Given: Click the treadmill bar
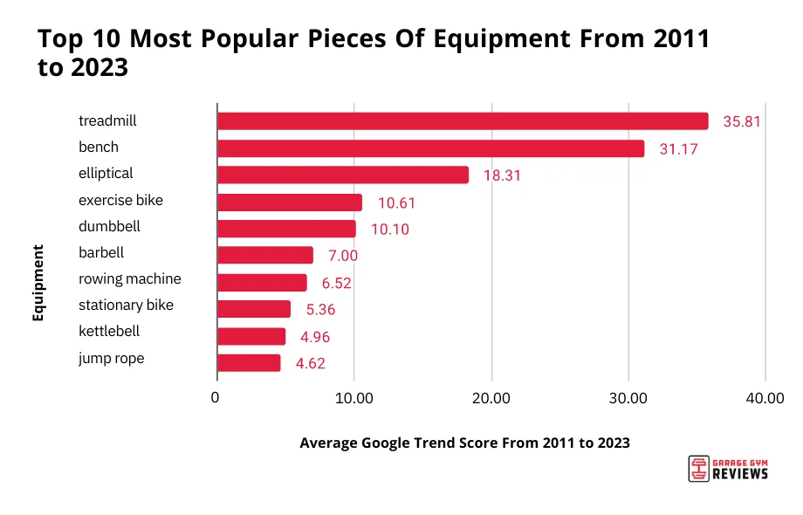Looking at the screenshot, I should coord(463,121).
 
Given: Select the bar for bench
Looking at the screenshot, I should coord(430,148).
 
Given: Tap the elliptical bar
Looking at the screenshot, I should coord(342,175).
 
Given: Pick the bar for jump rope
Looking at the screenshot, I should coord(249,363).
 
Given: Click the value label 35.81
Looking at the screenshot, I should coord(742,122).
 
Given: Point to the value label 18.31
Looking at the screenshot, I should coord(502,175).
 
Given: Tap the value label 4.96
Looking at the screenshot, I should coord(312,337).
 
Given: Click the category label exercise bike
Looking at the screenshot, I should coord(120,201).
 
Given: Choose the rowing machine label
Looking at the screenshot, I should coord(130,279).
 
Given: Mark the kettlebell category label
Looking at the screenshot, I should coord(109,332).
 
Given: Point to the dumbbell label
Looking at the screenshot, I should coord(109,227).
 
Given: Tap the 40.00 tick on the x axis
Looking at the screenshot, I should coord(765,399).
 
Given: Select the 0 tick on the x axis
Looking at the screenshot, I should coord(216,399).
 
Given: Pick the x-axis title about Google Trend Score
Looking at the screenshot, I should coord(464,443).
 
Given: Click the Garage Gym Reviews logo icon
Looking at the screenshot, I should coord(697,469).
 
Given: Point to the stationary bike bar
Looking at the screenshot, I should coord(253,309).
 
